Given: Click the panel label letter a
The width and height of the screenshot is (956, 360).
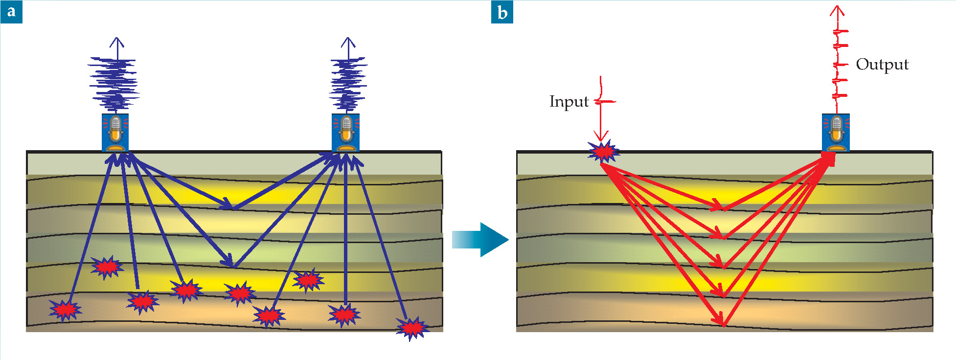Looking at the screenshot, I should point(11,11).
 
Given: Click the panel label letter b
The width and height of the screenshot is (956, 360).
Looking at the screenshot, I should point(502,12).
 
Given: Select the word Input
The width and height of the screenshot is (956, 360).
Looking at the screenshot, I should point(569,102).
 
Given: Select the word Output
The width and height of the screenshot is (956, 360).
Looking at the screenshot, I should point(882,65).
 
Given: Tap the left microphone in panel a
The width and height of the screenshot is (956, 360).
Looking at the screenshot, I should point(115,133).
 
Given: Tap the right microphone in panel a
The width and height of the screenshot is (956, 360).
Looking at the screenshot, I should point(346,133).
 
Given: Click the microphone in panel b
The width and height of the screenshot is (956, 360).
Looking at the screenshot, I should point(836,133).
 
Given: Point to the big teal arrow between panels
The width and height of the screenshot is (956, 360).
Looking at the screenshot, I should point(480,240).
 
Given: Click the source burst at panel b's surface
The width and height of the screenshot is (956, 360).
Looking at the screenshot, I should point(604,152).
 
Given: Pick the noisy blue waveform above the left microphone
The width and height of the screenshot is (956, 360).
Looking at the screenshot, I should point(114,83).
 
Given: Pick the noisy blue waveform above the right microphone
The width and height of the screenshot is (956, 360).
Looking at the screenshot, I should point(348,83).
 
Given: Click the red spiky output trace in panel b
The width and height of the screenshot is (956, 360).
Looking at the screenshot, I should point(840,64).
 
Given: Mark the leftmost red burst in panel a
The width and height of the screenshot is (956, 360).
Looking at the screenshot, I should point(65,309).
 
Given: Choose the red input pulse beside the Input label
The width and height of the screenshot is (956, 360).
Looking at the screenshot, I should point(605,102).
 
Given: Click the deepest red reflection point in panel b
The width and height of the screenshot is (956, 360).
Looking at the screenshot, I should point(724,324).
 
